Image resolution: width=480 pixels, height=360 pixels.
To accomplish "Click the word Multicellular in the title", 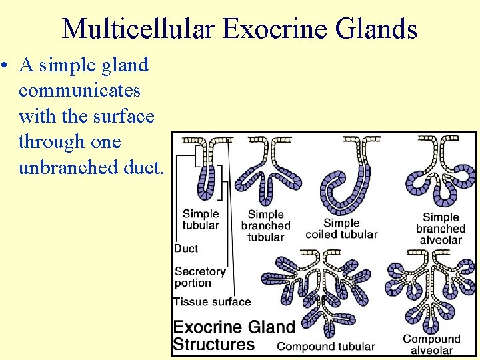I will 139,29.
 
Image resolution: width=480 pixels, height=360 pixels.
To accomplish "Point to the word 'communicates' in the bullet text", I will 79,90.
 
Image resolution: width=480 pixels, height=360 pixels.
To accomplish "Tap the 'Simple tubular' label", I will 200,219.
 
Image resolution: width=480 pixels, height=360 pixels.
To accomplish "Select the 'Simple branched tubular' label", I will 266,225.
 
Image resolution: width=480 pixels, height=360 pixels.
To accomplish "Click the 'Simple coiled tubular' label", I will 341,229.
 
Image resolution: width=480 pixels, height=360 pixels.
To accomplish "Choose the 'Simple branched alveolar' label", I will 441,228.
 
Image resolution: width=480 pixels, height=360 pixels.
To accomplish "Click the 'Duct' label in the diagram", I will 186,249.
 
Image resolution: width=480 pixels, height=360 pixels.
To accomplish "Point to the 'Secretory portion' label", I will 199,277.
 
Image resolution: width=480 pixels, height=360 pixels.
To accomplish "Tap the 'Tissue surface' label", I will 212,301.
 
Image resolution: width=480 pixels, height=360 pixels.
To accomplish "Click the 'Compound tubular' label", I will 325,347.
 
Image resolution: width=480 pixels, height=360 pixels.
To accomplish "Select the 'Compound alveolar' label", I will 432,345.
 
